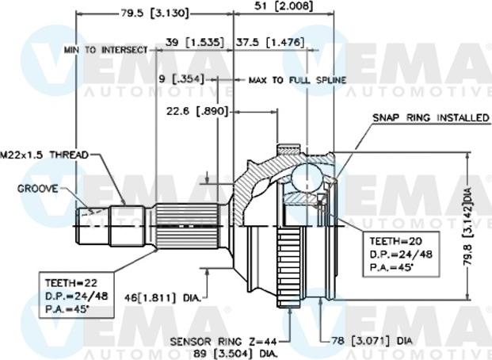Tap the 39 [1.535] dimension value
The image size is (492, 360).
point(194,41)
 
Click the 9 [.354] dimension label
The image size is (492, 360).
point(178,79)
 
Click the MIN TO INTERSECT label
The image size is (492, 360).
point(106,50)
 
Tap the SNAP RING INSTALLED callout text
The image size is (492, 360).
point(431,117)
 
